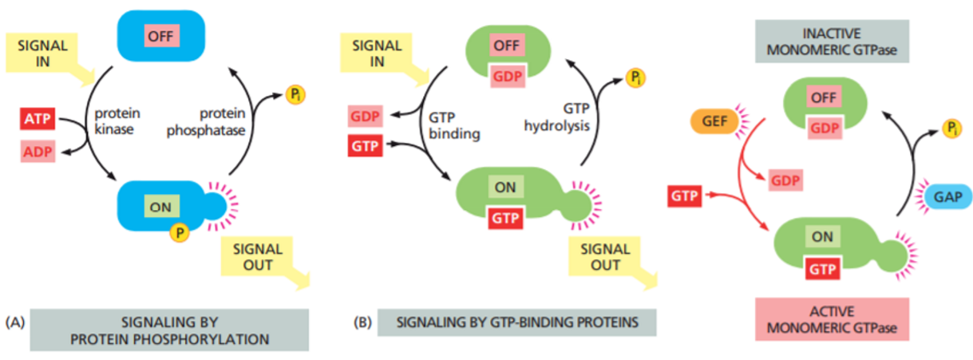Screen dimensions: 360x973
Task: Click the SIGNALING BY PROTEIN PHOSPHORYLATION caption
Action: point(169,330)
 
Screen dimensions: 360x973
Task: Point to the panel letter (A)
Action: point(15,322)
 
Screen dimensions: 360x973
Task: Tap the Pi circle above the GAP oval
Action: point(951,128)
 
